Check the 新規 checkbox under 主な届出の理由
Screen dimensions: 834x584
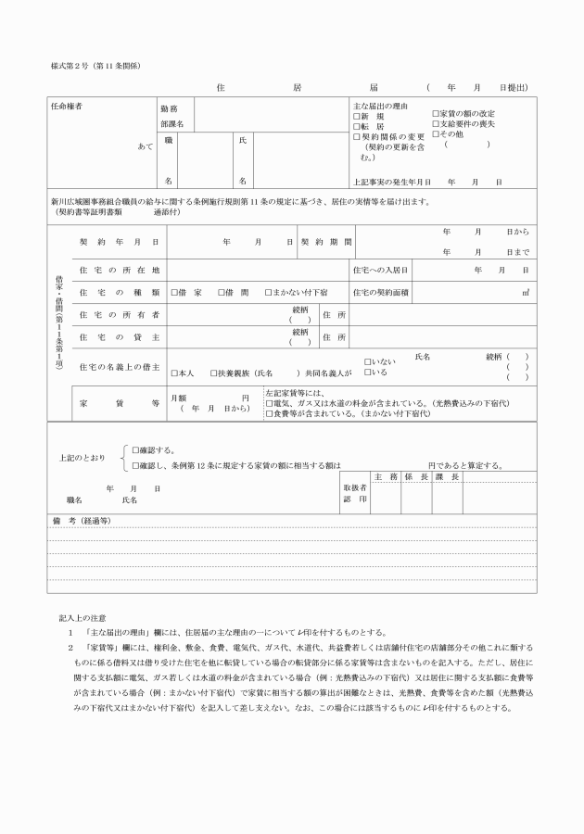coord(357,117)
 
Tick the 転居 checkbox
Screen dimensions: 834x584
coord(357,126)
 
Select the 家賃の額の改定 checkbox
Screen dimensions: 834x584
coord(436,113)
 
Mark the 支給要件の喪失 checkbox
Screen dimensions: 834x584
coord(436,123)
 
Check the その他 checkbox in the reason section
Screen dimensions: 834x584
coord(436,133)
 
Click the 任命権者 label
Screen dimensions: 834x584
coord(67,107)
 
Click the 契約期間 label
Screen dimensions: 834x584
coord(325,241)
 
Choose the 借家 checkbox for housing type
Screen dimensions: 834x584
coord(174,292)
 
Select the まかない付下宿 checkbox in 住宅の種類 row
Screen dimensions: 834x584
coord(269,292)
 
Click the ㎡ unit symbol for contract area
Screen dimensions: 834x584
coord(525,292)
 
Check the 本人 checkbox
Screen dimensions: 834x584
coord(174,373)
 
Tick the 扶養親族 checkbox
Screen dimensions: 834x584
coord(213,373)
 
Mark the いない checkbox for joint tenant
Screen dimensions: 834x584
coord(368,362)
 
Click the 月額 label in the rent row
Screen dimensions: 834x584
coord(179,397)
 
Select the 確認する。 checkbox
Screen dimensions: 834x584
coord(134,449)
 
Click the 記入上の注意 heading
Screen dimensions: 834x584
coord(83,616)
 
